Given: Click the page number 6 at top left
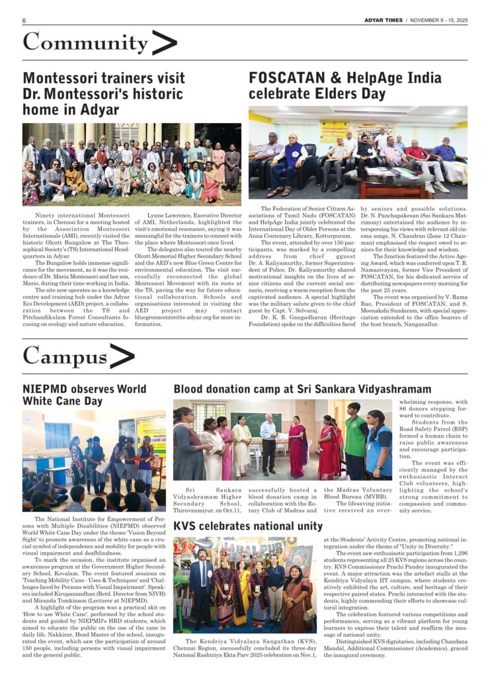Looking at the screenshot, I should coord(24,20).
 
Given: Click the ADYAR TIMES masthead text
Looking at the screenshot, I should coord(383,20).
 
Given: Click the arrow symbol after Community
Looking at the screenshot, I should coord(164,43).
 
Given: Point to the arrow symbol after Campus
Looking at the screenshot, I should coord(122,357).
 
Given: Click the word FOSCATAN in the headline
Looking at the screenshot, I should coord(284,78).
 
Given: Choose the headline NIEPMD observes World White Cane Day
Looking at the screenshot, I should coord(85,395).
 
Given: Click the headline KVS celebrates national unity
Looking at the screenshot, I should coord(248,526).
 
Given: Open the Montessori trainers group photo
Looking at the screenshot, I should coord(132,164).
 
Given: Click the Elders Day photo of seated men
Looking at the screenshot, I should coord(358,153).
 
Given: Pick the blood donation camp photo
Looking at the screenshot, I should coord(284,440).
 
